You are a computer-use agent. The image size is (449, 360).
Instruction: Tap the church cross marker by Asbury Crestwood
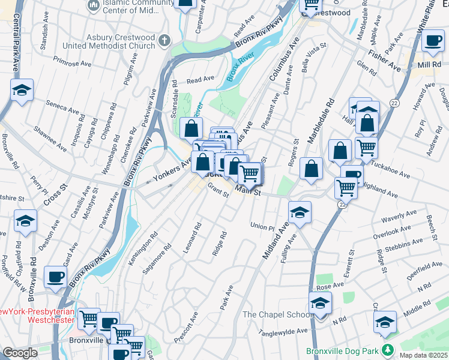click(x=164, y=40)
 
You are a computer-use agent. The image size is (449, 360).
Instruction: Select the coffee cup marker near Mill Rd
click(x=432, y=41)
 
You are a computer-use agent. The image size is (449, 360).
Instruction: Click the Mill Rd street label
click(x=429, y=64)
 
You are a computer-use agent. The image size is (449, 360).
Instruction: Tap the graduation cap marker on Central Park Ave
click(x=22, y=91)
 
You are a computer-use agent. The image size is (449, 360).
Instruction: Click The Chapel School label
click(x=277, y=314)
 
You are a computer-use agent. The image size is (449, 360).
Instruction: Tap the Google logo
click(x=20, y=353)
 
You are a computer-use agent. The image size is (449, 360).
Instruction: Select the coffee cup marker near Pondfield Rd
click(x=55, y=277)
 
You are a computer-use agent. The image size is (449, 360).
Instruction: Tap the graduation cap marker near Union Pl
click(x=300, y=212)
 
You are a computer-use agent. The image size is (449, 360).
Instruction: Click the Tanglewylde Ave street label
click(x=282, y=331)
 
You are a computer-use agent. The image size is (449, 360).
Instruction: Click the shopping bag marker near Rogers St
click(x=312, y=169)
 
